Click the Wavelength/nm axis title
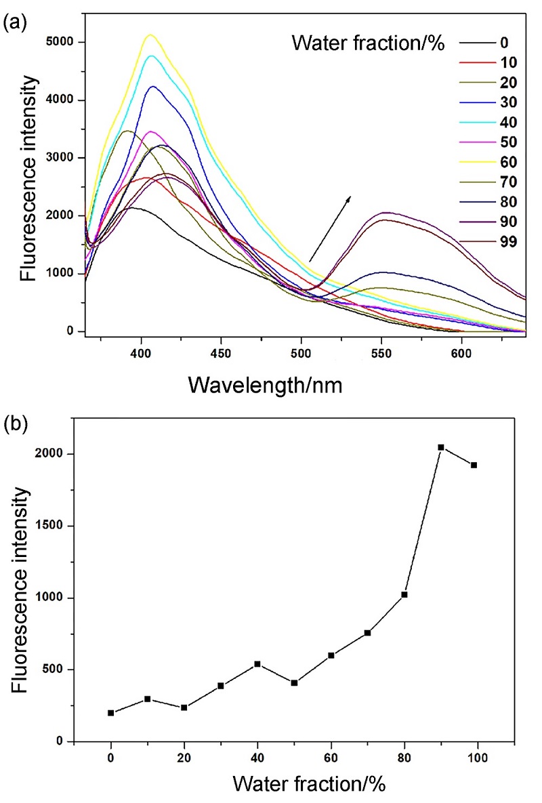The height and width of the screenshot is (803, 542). point(265,384)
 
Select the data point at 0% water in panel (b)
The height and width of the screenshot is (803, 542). point(110,713)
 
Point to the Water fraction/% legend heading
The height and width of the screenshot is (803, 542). point(368,45)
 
